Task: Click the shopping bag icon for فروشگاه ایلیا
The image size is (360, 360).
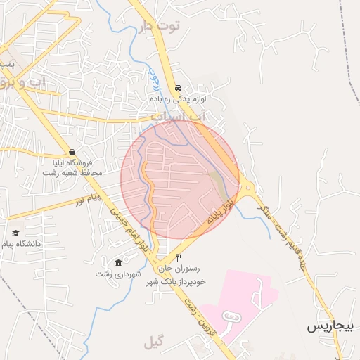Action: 72,152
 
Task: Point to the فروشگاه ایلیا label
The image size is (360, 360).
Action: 72,162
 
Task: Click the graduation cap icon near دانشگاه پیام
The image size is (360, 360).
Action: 15,233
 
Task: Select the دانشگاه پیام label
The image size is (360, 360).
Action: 22,243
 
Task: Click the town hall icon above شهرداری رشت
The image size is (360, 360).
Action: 117,263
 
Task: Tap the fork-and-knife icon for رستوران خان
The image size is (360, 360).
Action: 179,258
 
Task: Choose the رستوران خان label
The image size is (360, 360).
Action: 181,269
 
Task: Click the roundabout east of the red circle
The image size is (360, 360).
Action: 247,186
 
